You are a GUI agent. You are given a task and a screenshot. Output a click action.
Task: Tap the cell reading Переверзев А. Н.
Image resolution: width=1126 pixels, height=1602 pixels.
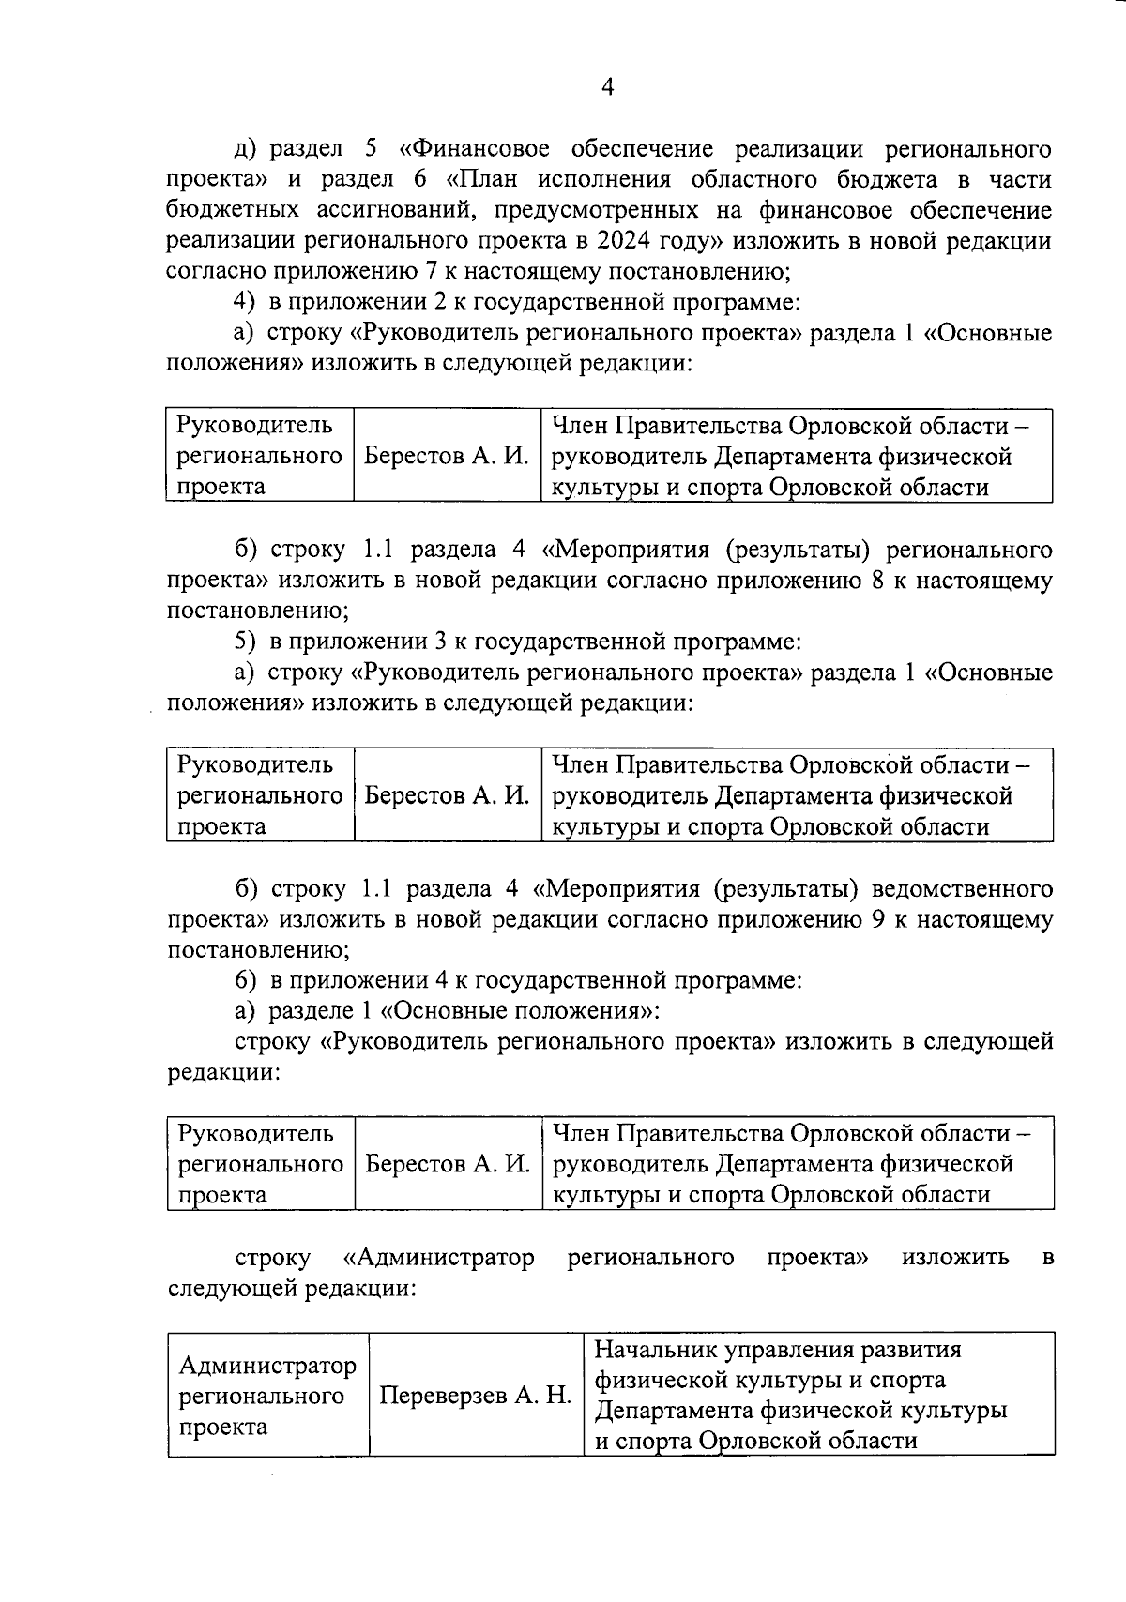pyautogui.click(x=475, y=1395)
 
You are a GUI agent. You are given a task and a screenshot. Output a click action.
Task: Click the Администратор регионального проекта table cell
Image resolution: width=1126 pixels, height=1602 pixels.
pyautogui.click(x=267, y=1396)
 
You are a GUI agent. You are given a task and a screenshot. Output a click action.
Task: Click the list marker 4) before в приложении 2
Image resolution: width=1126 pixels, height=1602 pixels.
pyautogui.click(x=244, y=303)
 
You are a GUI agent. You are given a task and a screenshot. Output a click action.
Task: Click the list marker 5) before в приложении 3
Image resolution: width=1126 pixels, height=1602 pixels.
pyautogui.click(x=244, y=642)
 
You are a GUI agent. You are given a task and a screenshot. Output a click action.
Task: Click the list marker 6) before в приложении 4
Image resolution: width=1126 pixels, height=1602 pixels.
pyautogui.click(x=244, y=981)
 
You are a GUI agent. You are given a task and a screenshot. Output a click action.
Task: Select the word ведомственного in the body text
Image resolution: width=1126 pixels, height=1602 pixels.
pyautogui.click(x=962, y=888)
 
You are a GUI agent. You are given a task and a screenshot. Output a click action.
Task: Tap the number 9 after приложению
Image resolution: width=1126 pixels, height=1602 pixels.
pyautogui.click(x=878, y=919)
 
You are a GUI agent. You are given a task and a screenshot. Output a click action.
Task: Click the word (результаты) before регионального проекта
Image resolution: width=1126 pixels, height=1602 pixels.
pyautogui.click(x=805, y=549)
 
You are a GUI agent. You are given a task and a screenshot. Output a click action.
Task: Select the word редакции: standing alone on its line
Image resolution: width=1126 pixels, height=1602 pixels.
pyautogui.click(x=224, y=1072)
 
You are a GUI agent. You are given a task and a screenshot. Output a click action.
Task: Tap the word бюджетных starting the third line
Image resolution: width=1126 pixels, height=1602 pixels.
pyautogui.click(x=220, y=210)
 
